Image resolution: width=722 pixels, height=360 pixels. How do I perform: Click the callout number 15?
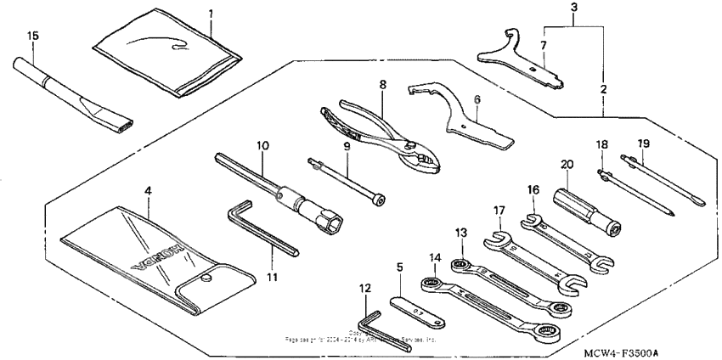pos(33,35)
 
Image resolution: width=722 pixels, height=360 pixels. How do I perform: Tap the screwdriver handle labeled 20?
pos(586,207)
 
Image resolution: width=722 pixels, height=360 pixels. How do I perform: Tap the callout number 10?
pos(263,146)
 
